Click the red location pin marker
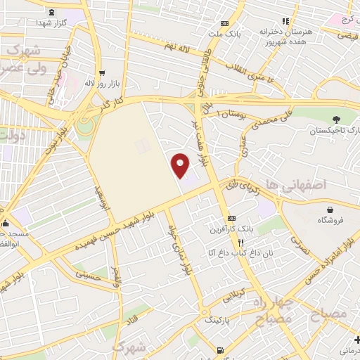[181, 165]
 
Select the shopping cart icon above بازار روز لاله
[103, 72]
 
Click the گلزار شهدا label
[52, 22]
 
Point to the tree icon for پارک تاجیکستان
[337, 119]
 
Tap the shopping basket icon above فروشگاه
[330, 209]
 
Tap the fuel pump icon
[221, 350]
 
